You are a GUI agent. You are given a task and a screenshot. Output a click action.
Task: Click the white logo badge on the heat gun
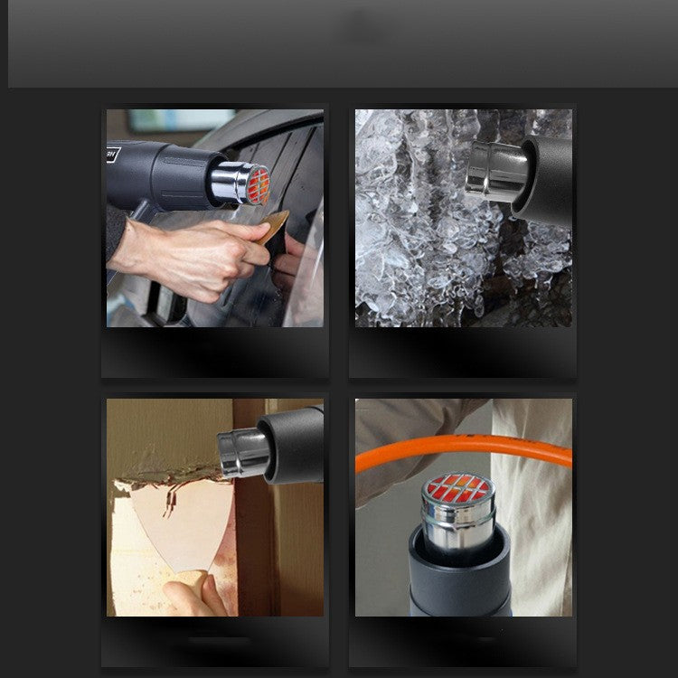(x=113, y=154)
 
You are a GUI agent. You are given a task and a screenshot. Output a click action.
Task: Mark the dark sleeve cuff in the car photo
(x=115, y=233)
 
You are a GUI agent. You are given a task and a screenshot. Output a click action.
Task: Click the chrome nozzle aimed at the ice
(x=490, y=172)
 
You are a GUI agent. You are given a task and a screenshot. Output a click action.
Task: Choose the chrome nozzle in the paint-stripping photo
(x=241, y=453)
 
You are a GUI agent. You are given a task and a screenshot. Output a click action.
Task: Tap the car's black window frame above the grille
(x=271, y=136)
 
